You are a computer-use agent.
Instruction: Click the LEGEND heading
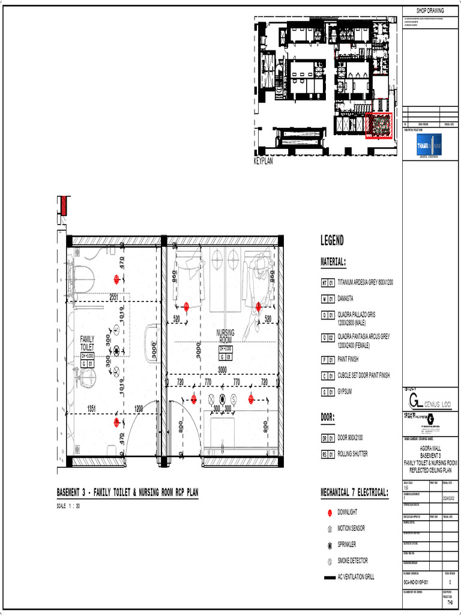tap(332, 241)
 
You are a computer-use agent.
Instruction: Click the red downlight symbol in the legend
tap(330, 512)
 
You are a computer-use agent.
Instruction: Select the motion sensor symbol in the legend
tap(330, 529)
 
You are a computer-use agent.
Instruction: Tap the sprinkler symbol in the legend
tap(330, 545)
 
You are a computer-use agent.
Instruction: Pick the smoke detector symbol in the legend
tap(330, 561)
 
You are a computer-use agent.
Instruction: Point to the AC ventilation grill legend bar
tap(329, 577)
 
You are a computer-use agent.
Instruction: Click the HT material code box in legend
tap(324, 282)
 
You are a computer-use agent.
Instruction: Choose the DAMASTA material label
tap(345, 298)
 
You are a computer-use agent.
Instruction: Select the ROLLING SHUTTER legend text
tap(353, 454)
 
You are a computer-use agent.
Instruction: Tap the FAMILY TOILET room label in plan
tap(87, 344)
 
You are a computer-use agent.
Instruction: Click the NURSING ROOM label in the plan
tap(225, 336)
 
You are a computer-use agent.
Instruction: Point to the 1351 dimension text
tap(92, 408)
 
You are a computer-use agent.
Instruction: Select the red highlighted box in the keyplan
tap(378, 126)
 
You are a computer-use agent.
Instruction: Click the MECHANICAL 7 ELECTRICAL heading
tap(354, 493)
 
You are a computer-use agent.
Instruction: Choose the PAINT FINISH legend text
tap(348, 360)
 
